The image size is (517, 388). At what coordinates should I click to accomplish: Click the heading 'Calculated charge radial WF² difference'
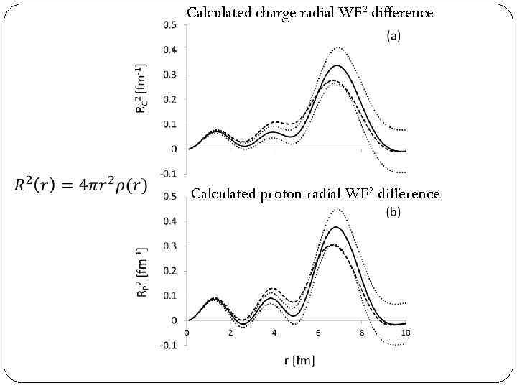coord(309,12)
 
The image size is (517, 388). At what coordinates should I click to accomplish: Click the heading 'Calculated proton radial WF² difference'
coord(315,193)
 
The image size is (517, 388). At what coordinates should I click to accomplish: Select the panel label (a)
coord(394,36)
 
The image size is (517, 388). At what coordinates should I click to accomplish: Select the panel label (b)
coord(394,212)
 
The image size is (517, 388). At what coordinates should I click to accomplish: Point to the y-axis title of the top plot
coord(143,88)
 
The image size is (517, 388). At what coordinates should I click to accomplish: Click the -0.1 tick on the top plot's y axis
coord(169,174)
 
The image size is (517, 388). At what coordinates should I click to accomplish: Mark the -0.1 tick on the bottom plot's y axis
coord(169,346)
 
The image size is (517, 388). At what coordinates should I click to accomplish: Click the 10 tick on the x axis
coord(406,333)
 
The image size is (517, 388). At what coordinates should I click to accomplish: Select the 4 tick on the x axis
coord(274,333)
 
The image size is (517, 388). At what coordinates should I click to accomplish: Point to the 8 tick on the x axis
coord(362,333)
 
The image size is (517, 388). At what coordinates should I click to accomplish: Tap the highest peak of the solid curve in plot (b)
coord(336,227)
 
